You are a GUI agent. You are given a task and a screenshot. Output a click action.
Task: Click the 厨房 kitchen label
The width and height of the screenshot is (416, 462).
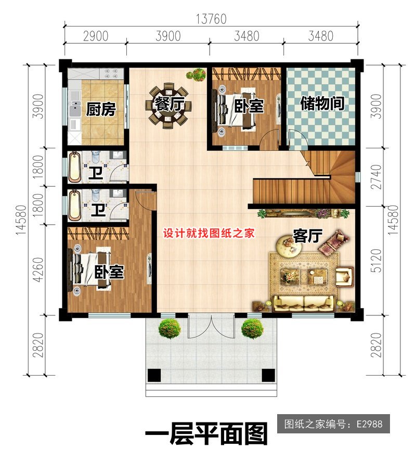[x=101, y=109]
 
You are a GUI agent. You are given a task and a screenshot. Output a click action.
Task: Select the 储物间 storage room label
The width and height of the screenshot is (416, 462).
[x=322, y=104]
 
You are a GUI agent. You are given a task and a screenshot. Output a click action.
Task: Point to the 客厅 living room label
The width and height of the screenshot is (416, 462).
[x=307, y=236]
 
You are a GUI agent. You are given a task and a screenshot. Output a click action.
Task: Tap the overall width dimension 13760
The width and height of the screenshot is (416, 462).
[x=212, y=19]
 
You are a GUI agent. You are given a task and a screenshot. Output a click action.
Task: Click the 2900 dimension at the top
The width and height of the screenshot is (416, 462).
[x=96, y=36]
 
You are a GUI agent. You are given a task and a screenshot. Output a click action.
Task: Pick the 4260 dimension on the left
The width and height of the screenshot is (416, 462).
[x=38, y=269]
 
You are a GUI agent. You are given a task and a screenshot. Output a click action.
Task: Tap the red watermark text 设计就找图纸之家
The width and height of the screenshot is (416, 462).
[x=209, y=234]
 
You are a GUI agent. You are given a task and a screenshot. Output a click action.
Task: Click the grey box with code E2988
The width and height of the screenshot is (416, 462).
[x=333, y=423]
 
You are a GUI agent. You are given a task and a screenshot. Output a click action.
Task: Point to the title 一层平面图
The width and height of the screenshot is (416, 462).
[x=206, y=434]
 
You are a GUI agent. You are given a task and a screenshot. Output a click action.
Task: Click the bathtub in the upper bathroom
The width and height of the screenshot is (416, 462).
[x=74, y=167]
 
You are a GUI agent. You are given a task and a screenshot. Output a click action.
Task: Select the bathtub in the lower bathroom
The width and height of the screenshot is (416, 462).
[x=74, y=206]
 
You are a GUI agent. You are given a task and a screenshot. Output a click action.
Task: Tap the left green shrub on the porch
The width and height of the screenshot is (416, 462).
[x=170, y=329]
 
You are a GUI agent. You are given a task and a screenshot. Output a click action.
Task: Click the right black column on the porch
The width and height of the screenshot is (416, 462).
[x=268, y=375]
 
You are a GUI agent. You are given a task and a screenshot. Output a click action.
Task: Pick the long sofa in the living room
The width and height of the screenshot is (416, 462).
[x=304, y=303]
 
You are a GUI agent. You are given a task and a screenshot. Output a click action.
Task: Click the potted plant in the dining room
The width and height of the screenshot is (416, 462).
[x=196, y=74]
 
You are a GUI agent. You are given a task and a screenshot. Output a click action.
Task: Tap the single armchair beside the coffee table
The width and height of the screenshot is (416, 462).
[x=344, y=276]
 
